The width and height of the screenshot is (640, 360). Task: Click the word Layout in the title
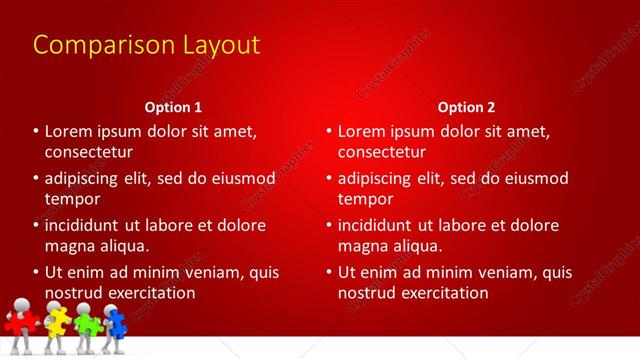pos(215,45)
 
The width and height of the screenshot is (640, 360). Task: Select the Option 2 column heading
pos(466,106)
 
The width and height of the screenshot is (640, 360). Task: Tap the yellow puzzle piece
pos(56,321)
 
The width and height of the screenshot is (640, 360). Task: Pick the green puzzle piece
pos(88,323)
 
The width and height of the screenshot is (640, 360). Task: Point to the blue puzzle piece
pos(116,322)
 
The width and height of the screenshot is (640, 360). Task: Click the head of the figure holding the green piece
pos(84,308)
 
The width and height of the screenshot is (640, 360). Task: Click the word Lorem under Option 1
pos(69,131)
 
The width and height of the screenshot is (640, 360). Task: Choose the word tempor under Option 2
pos(365,199)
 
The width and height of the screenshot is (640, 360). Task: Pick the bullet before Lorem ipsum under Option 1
pos(34,131)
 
